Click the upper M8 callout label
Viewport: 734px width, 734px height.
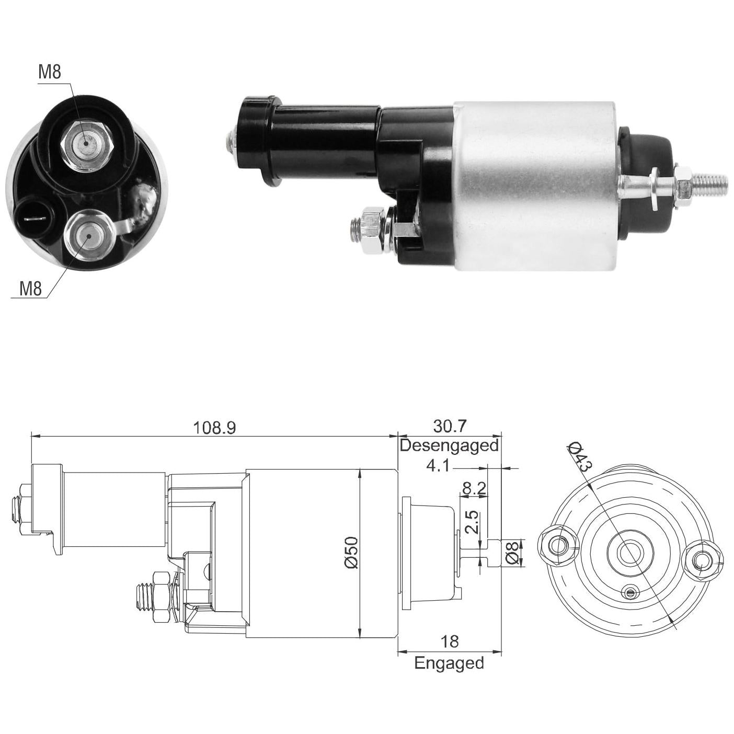(x=50, y=72)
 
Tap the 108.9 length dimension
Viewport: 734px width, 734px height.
(x=214, y=428)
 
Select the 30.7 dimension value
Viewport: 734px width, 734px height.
(x=450, y=426)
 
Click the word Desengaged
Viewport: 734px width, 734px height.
(x=449, y=445)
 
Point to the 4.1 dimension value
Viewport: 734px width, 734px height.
(x=438, y=466)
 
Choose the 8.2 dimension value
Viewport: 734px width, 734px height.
(x=474, y=489)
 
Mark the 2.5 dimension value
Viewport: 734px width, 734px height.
(x=472, y=522)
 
